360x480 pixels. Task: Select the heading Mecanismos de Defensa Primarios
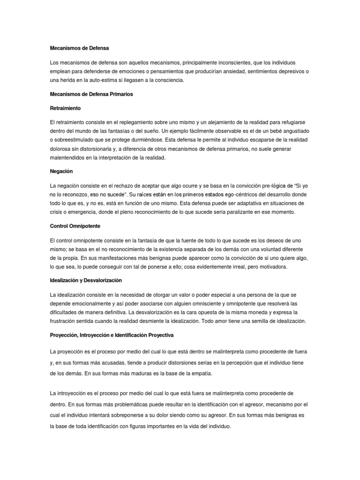pos(91,94)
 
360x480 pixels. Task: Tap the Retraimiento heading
pos(65,108)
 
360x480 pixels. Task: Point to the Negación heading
pos(61,171)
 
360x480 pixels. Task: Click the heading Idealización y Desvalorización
pos(86,280)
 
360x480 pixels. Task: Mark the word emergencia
pos(79,212)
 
